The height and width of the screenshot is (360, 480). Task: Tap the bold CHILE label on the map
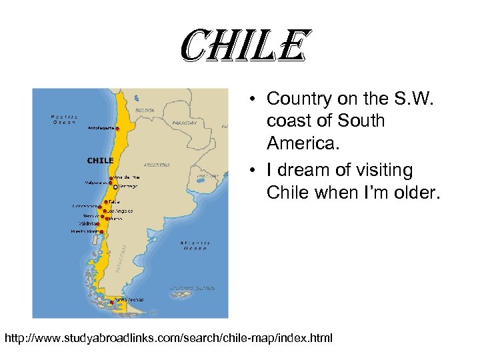point(101,160)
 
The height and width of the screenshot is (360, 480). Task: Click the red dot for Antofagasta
point(117,128)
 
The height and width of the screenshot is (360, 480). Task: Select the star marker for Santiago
point(116,187)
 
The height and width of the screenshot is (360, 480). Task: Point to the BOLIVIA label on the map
point(145,110)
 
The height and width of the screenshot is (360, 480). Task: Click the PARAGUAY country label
point(185,123)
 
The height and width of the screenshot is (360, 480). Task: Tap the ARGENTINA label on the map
point(157,164)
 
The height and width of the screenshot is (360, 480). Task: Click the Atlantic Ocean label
point(195,244)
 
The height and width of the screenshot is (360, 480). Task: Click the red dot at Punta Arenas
point(111,303)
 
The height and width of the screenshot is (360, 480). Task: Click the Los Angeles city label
point(121,211)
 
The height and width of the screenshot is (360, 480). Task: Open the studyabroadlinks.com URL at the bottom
point(169,339)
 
